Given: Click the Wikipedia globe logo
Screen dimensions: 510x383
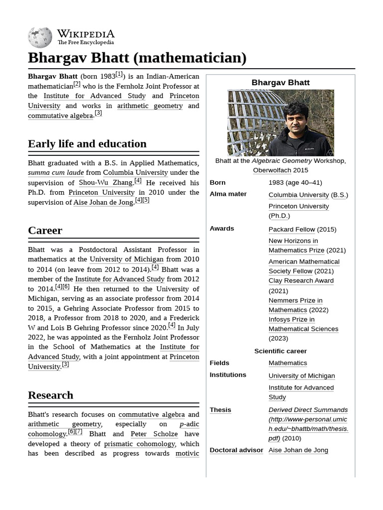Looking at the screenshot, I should pos(40,37).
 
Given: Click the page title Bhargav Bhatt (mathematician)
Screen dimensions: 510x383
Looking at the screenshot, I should pos(137,58).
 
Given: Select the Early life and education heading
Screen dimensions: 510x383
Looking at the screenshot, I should pos(87,144).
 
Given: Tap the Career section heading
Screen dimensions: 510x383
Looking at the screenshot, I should pos(45,230).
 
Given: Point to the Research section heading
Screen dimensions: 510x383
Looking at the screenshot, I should pos(50,395).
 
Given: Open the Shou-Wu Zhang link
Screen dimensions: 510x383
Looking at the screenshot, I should pos(106,183).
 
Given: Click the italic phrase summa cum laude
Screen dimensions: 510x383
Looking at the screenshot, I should pos(56,173).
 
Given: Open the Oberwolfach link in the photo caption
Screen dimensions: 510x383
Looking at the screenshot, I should pos(272,170).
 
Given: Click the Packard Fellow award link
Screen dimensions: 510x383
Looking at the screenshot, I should pos(292,229).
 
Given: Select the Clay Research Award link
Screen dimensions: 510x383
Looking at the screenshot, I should pos(301,280).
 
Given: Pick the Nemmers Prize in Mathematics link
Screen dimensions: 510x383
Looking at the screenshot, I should pos(296,305).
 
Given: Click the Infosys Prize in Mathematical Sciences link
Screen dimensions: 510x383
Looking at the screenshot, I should pos(303,324).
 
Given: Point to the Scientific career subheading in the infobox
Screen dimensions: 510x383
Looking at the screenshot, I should pos(280,351).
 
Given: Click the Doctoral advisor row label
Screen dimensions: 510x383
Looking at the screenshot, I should pos(236,450).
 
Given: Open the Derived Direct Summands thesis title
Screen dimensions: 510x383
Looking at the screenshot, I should pos(308,409).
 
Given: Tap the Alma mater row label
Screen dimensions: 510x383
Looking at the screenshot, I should pos(228,194).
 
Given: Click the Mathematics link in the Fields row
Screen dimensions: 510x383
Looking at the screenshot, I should pos(288,363).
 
